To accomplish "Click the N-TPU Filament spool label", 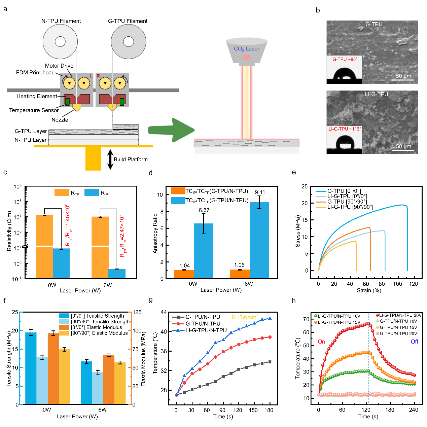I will pyautogui.click(x=61, y=21).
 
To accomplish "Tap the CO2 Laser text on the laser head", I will pyautogui.click(x=247, y=49).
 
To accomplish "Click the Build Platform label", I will pyautogui.click(x=131, y=159).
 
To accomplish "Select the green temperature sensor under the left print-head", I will pyautogui.click(x=67, y=102).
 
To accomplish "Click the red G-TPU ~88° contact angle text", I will pyautogui.click(x=345, y=59).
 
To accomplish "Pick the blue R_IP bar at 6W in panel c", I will pyautogui.click(x=117, y=274).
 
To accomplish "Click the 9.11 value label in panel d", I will pyautogui.click(x=260, y=192).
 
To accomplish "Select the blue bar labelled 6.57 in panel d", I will pyautogui.click(x=204, y=251).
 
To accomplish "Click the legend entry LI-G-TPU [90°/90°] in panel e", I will pyautogui.click(x=350, y=207).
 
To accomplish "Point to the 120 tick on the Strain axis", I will pyautogui.click(x=413, y=284).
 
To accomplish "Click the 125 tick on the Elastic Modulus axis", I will pyautogui.click(x=137, y=312).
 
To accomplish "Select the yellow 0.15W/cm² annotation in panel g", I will pyautogui.click(x=245, y=317).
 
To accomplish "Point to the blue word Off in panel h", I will pyautogui.click(x=414, y=342).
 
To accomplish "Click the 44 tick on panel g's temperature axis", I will pyautogui.click(x=164, y=312).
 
